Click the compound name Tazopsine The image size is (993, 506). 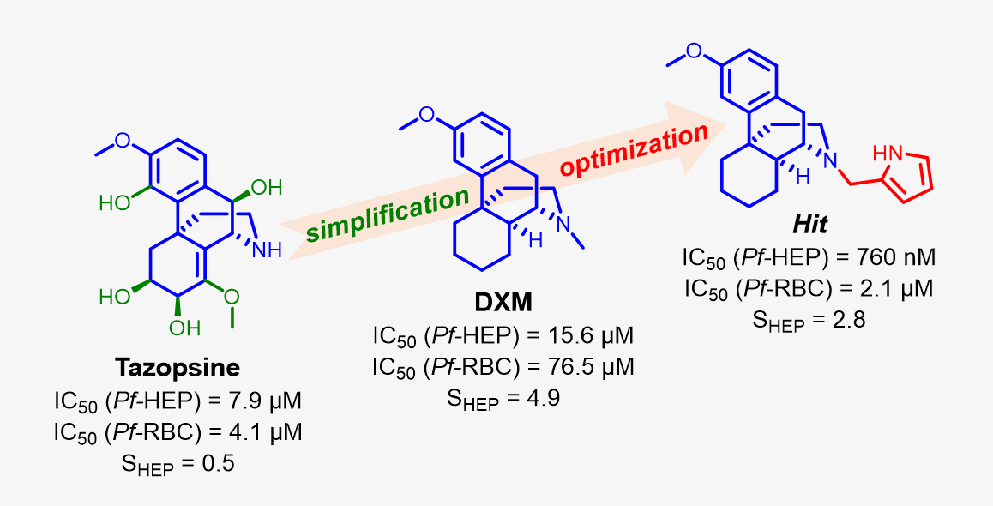(178, 369)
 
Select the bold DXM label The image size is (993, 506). (503, 303)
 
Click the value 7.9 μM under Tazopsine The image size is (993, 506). (268, 401)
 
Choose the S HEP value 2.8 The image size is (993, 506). (846, 321)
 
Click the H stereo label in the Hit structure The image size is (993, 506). (778, 176)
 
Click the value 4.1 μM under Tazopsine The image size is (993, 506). (268, 432)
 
